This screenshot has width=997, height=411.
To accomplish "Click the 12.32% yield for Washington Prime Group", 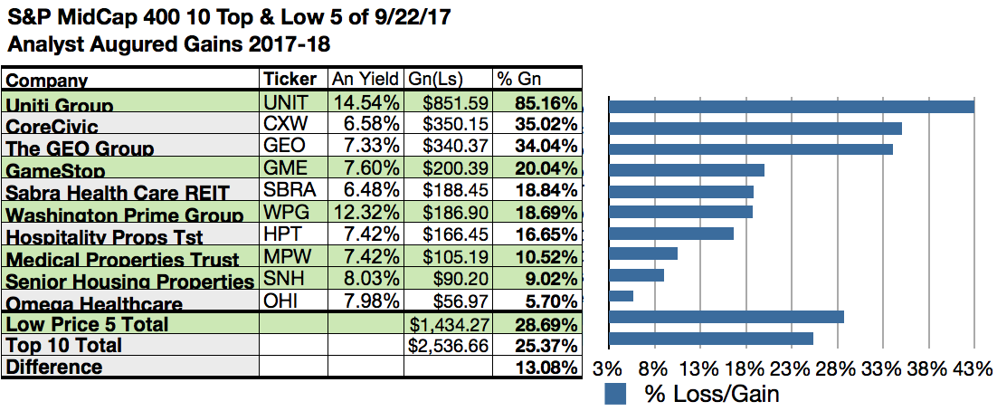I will [x=362, y=214].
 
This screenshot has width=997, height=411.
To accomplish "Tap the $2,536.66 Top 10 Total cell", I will [x=448, y=345].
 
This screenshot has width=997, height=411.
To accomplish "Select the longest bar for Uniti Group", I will [x=792, y=107].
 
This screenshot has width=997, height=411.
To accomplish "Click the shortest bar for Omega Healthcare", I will [x=622, y=295].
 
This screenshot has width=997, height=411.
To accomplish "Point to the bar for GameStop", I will [x=687, y=169].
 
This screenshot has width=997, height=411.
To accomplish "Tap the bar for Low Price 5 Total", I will [x=726, y=317].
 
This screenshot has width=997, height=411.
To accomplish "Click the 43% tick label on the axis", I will [x=973, y=369].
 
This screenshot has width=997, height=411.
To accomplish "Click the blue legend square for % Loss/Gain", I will [x=615, y=394].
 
